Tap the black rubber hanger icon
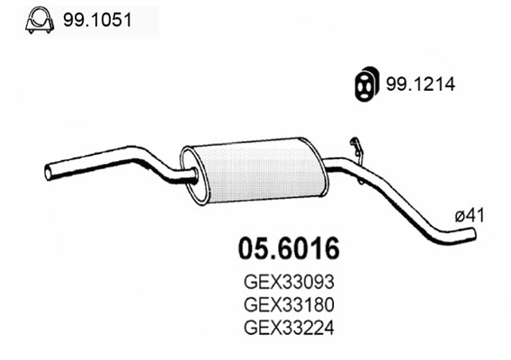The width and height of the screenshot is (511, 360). pyautogui.click(x=363, y=84)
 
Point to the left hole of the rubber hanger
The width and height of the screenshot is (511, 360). pyautogui.click(x=356, y=83)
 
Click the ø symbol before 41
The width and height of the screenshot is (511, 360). pyautogui.click(x=459, y=215)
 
